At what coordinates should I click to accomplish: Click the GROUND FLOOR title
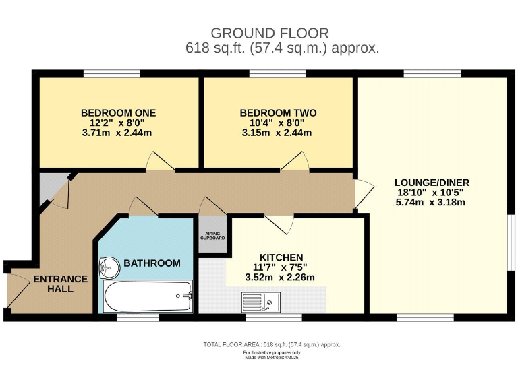click(270, 33)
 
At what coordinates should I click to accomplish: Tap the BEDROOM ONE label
click(118, 113)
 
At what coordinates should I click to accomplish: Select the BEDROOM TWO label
click(278, 113)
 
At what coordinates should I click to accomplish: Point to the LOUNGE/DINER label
click(432, 183)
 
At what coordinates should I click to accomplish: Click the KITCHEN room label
click(281, 257)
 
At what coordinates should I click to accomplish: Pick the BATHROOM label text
click(152, 263)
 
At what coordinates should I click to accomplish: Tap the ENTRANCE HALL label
click(61, 284)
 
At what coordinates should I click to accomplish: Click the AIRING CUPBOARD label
click(212, 236)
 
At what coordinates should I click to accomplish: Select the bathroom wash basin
click(109, 267)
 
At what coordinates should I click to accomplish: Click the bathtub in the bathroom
click(148, 296)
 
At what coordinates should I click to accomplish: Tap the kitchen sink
click(261, 302)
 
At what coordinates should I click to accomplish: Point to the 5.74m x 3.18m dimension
click(430, 202)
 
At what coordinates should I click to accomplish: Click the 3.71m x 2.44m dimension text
click(117, 133)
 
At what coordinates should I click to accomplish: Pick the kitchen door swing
click(279, 224)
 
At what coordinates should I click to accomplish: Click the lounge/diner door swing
click(364, 195)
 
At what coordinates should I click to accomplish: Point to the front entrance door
click(18, 290)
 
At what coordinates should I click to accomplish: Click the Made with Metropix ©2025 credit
click(272, 357)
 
